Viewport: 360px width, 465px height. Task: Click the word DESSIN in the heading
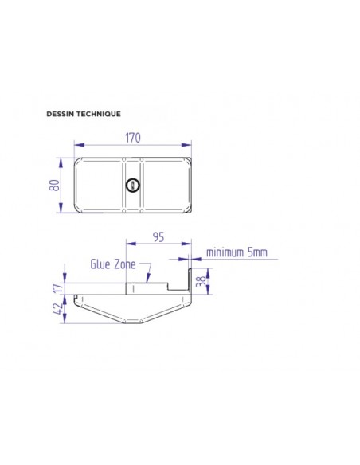coord(61,114)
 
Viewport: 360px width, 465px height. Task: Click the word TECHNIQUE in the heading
coord(99,114)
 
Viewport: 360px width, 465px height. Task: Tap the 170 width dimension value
coord(132,138)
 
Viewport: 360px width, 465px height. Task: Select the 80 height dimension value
coord(54,186)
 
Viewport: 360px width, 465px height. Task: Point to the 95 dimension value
coord(158,237)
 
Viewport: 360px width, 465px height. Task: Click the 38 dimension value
coord(201,281)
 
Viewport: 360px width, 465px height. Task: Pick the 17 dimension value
coord(58,287)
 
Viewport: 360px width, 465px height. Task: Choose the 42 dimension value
coord(58,308)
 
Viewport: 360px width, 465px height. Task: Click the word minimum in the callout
coord(225,252)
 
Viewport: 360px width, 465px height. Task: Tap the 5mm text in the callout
coord(257,252)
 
